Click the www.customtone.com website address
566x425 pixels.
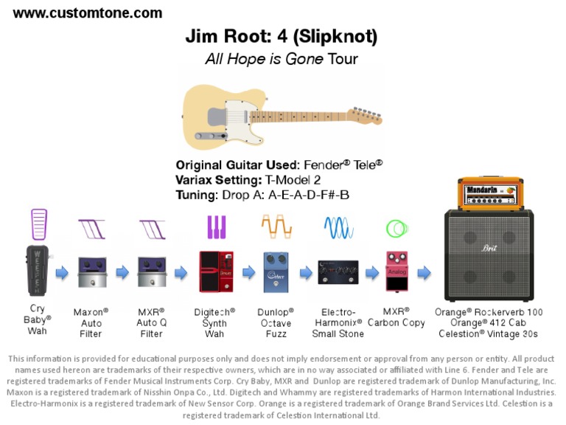(88, 13)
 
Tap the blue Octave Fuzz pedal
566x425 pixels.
(276, 271)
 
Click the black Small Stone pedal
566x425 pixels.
(338, 272)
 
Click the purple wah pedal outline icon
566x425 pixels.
(38, 224)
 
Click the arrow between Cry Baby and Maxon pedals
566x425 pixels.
(63, 273)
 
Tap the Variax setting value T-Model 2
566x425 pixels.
(291, 179)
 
